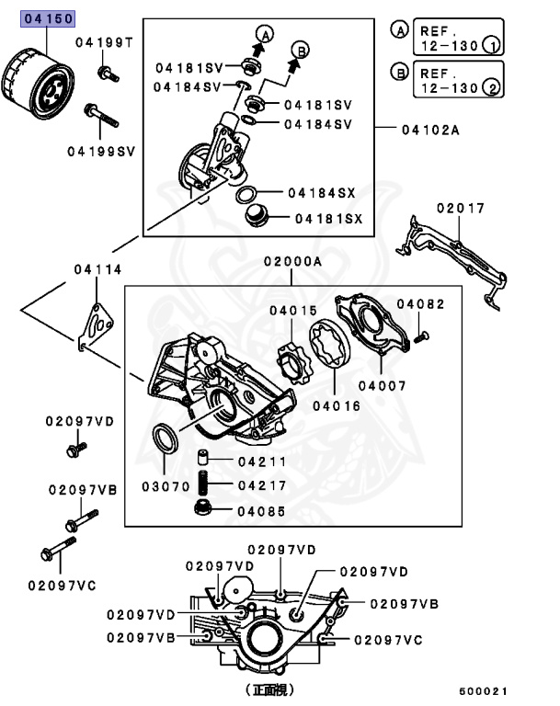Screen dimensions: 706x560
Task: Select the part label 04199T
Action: coord(104,43)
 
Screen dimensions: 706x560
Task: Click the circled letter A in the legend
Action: coord(400,29)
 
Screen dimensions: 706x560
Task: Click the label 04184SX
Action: coord(322,193)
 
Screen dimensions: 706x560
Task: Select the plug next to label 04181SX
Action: coord(257,218)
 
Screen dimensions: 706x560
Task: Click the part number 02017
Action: coord(460,209)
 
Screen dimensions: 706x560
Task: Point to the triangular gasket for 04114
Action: coord(94,326)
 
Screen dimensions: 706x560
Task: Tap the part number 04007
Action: coord(382,386)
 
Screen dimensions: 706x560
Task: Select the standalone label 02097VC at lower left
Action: coord(62,585)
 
